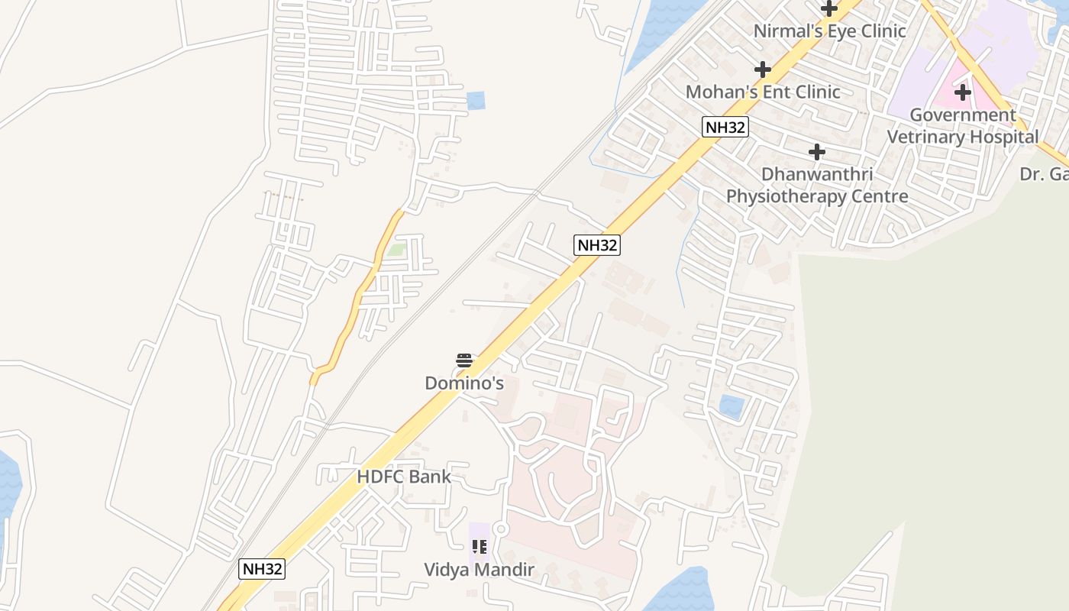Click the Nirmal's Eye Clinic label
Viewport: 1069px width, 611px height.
tap(829, 31)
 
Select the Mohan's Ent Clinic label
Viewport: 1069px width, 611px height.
tap(762, 92)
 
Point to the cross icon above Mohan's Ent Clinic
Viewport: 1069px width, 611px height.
tap(762, 70)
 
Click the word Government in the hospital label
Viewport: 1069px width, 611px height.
tap(962, 115)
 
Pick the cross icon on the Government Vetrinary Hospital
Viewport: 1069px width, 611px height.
tap(963, 93)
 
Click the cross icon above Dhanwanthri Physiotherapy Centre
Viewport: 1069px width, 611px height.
tap(817, 152)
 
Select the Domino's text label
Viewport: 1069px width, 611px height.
tap(464, 383)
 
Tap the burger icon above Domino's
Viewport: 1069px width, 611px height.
tap(464, 360)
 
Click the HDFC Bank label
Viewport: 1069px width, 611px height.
tap(404, 477)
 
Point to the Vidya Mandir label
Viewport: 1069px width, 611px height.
tap(480, 571)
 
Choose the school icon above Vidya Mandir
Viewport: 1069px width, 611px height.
tap(480, 547)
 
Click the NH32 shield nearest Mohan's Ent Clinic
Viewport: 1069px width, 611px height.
tap(725, 127)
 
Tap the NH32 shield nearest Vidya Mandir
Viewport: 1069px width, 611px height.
tap(262, 569)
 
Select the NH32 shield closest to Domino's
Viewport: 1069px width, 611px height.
tap(597, 245)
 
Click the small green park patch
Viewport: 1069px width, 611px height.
tap(396, 250)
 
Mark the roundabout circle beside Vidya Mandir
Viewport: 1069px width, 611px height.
tap(501, 529)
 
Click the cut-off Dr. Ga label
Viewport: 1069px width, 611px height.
tap(1044, 174)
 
